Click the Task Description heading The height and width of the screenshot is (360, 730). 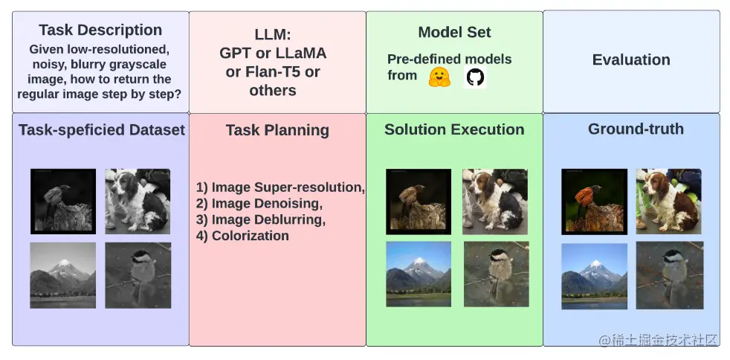point(100,30)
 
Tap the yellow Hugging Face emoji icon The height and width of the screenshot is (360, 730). point(440,77)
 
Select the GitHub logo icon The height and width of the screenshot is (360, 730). point(475,77)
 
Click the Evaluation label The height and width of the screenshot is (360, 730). point(631,60)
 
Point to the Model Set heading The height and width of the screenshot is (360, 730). point(454,32)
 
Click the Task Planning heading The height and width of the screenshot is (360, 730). point(277,130)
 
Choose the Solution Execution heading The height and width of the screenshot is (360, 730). point(454,129)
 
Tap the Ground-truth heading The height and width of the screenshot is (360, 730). point(636,129)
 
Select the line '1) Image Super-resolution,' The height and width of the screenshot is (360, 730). point(280,187)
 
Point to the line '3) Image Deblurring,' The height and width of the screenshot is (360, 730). point(261,219)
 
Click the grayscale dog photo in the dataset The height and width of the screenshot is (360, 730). point(138,199)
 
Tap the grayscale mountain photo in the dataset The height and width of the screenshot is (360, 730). point(63,275)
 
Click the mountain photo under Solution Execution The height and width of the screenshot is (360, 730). point(419,274)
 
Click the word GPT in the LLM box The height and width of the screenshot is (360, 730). point(237,54)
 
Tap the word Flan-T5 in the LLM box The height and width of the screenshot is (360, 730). point(275,72)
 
